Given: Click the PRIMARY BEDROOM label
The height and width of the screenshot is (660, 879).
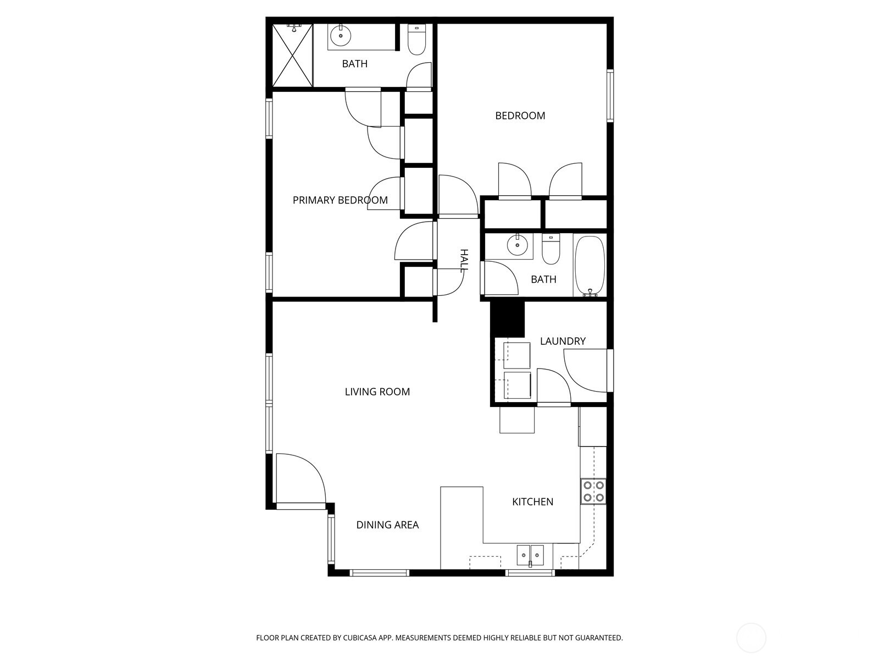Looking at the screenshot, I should pyautogui.click(x=340, y=200).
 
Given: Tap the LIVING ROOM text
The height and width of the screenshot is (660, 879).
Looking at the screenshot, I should pyautogui.click(x=377, y=392).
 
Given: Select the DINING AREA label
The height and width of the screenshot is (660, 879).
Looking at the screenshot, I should pyautogui.click(x=387, y=525).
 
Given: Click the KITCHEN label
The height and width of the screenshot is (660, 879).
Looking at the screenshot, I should pyautogui.click(x=532, y=502).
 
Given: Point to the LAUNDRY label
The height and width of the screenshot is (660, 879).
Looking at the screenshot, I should pyautogui.click(x=563, y=341).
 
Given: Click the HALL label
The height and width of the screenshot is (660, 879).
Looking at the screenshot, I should pyautogui.click(x=464, y=260).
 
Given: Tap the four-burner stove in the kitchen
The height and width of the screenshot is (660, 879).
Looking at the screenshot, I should pyautogui.click(x=593, y=491).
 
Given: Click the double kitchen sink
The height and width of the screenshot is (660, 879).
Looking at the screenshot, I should pyautogui.click(x=530, y=555).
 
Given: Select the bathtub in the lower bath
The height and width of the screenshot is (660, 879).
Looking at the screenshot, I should pyautogui.click(x=589, y=266).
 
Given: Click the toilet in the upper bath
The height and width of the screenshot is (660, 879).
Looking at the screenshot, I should pyautogui.click(x=417, y=40).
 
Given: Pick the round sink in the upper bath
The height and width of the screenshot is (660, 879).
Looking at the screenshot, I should pyautogui.click(x=341, y=36).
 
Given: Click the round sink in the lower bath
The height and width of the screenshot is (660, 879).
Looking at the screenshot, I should pyautogui.click(x=517, y=245).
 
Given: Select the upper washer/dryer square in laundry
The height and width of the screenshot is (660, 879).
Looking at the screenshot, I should pyautogui.click(x=517, y=355).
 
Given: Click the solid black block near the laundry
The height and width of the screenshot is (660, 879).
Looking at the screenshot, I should pyautogui.click(x=508, y=319).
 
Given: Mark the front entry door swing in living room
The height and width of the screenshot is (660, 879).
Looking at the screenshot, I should pyautogui.click(x=299, y=477).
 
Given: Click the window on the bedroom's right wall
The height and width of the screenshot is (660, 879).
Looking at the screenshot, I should pyautogui.click(x=610, y=95).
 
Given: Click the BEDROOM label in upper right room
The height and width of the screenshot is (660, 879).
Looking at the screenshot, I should pyautogui.click(x=520, y=116).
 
